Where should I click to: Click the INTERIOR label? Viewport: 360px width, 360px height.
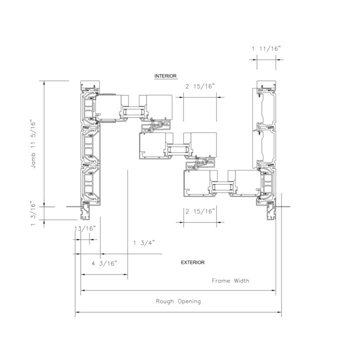pos(165,76)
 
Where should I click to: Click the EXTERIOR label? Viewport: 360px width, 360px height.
pos(192,262)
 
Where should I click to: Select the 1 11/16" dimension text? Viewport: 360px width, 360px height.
pos(266,48)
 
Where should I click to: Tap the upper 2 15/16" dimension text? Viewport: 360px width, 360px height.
pos(200,86)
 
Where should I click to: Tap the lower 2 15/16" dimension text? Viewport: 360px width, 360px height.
pos(200,211)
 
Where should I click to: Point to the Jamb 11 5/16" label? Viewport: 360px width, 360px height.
pos(33,144)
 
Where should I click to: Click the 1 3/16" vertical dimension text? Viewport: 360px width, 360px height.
pos(33,213)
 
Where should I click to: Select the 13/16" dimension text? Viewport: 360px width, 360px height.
pos(85,228)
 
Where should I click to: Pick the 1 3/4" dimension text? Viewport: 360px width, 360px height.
pos(144,243)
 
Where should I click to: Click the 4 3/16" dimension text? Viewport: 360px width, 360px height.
pos(104,263)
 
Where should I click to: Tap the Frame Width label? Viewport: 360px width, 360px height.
pos(230,281)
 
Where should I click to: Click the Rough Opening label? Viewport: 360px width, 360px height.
pos(178,301)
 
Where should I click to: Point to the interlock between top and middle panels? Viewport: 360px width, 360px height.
pos(156,126)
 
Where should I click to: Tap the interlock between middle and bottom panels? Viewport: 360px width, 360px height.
pos(200,163)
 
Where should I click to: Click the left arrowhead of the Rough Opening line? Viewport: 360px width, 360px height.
pos(77,312)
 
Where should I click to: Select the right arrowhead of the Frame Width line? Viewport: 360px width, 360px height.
pos(273,290)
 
